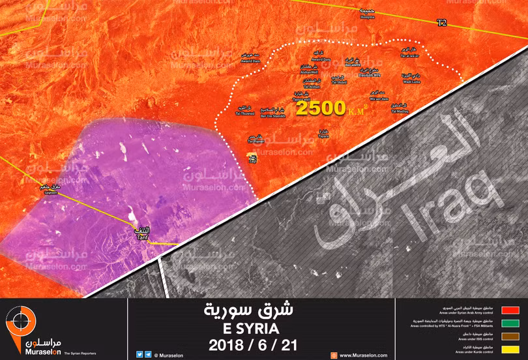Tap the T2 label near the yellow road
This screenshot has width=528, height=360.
(x=442, y=23)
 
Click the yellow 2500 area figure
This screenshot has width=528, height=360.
(x=320, y=108)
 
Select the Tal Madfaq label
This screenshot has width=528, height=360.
(x=400, y=110)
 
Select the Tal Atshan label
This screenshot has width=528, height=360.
(x=312, y=87)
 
